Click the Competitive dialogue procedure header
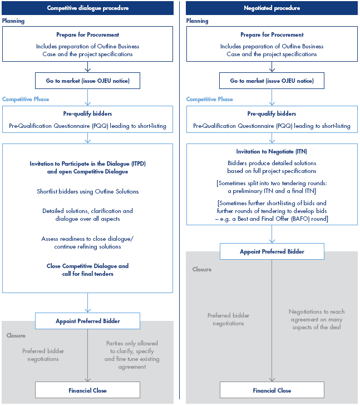(88, 8)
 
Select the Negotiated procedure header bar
(272, 8)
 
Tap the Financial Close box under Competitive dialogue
(88, 390)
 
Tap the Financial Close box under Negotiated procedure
(272, 390)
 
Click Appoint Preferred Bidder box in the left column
(88, 321)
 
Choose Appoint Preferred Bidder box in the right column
(272, 251)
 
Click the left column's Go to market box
(88, 81)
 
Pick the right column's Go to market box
(272, 81)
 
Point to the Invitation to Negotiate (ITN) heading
(272, 151)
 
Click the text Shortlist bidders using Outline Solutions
(88, 191)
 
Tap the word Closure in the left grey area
(16, 336)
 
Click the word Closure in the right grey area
(202, 269)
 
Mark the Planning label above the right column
(198, 21)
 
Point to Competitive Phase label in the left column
(26, 99)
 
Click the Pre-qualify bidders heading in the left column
(88, 113)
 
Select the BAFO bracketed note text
(272, 211)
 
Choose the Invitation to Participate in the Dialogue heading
(88, 167)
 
